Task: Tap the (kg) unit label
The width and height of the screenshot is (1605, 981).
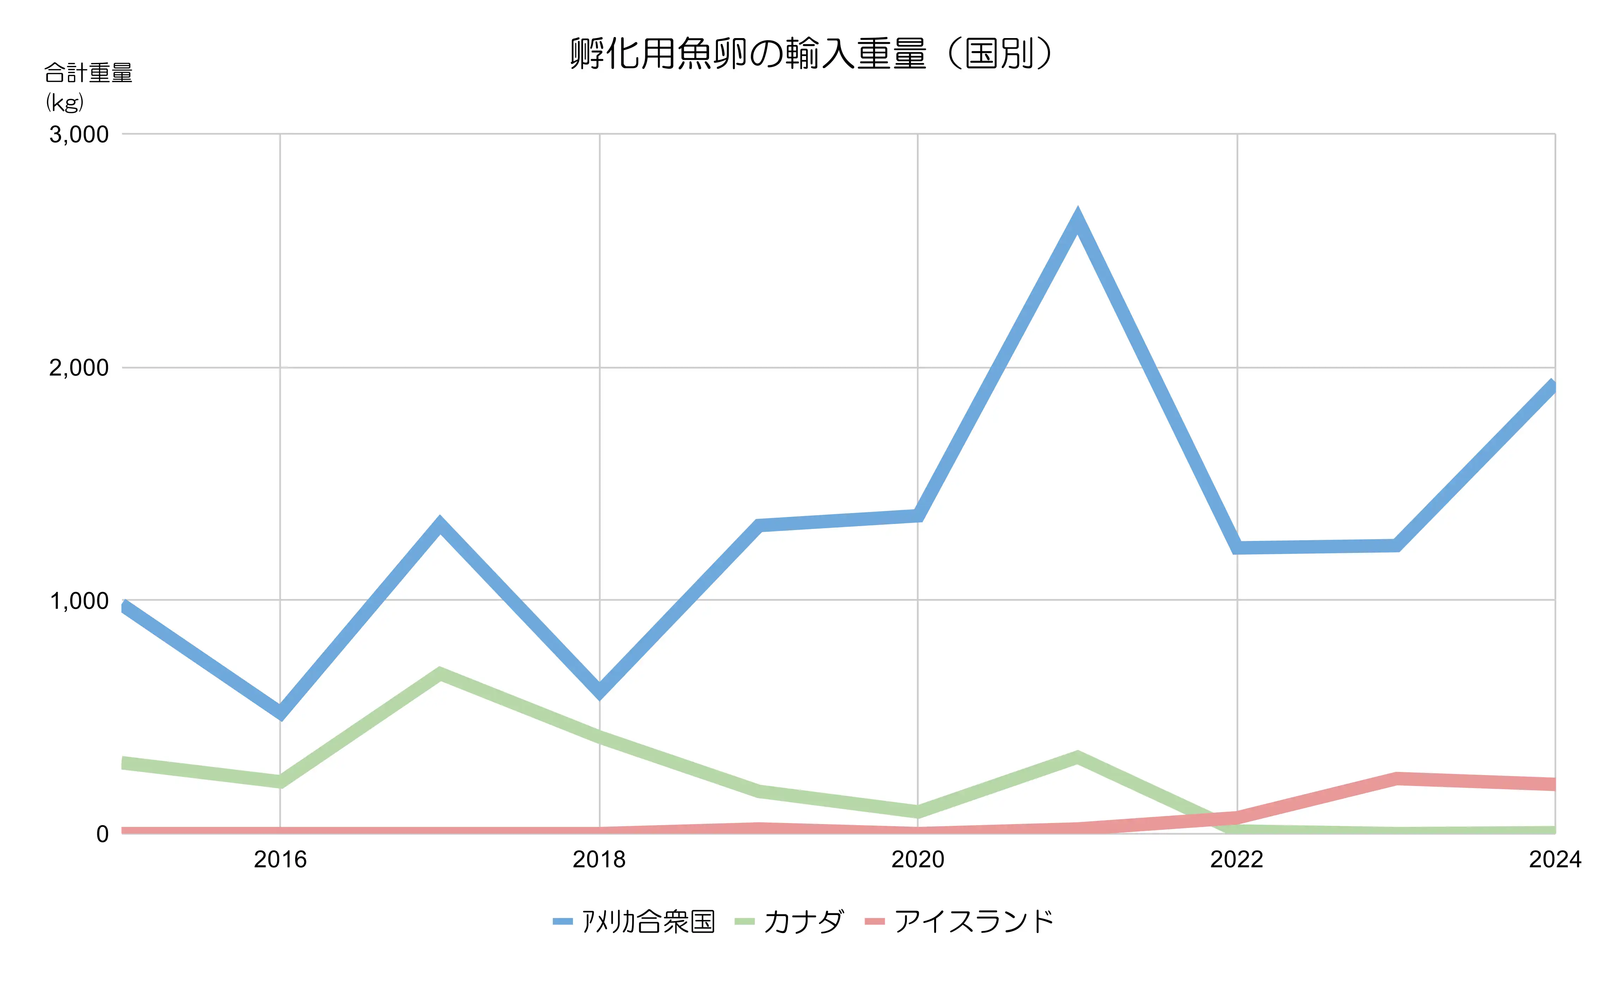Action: click(65, 102)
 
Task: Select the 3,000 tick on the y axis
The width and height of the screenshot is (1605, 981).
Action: click(79, 135)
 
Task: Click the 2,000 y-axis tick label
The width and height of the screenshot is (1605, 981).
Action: click(79, 368)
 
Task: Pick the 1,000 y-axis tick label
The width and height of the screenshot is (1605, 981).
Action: click(79, 601)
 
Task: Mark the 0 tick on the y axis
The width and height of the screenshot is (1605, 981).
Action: click(102, 834)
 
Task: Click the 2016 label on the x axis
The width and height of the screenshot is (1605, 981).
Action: click(280, 860)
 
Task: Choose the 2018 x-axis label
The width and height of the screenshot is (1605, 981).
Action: click(599, 860)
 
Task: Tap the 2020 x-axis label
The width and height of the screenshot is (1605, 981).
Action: click(918, 860)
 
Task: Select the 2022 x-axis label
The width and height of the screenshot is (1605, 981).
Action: click(1236, 860)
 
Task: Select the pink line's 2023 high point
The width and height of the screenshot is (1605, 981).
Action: click(1396, 778)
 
